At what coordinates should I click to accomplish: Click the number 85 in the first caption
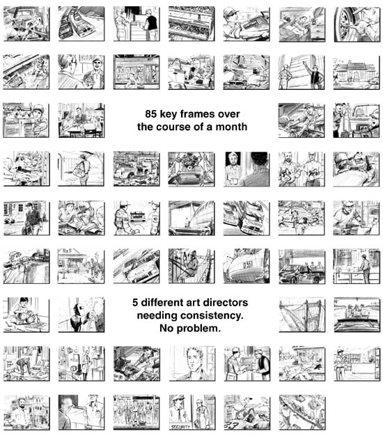tap(150, 113)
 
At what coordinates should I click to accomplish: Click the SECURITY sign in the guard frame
tap(180, 427)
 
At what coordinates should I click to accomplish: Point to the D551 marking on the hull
tap(248, 265)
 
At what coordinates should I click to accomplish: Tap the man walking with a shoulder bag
tap(83, 169)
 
